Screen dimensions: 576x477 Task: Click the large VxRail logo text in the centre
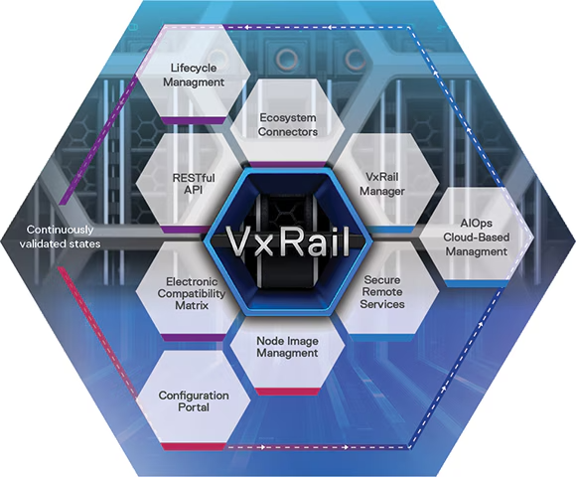point(288,241)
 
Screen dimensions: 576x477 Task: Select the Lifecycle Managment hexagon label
point(194,75)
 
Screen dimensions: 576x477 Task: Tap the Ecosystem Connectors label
point(288,125)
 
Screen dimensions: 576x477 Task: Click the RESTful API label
point(194,184)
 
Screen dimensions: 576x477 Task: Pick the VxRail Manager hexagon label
point(382,184)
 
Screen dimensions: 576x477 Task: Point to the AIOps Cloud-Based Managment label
point(476,238)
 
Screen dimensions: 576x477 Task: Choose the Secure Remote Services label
point(382,292)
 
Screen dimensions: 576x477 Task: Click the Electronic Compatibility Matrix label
point(192,293)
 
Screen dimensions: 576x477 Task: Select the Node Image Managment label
point(287,347)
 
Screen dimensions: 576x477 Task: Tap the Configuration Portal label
point(194,401)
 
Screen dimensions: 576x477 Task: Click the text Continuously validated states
point(60,237)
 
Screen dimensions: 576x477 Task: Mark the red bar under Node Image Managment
point(288,392)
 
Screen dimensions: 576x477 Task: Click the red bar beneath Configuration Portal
point(194,446)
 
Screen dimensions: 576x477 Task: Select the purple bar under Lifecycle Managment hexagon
point(194,120)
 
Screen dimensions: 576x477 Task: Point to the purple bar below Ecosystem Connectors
point(288,165)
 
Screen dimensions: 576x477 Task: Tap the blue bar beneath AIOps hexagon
point(476,283)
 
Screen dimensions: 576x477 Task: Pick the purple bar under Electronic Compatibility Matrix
point(194,337)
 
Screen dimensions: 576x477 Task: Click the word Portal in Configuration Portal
point(194,407)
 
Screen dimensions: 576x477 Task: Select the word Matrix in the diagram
point(192,305)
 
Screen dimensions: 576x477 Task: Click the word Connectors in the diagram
point(288,132)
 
